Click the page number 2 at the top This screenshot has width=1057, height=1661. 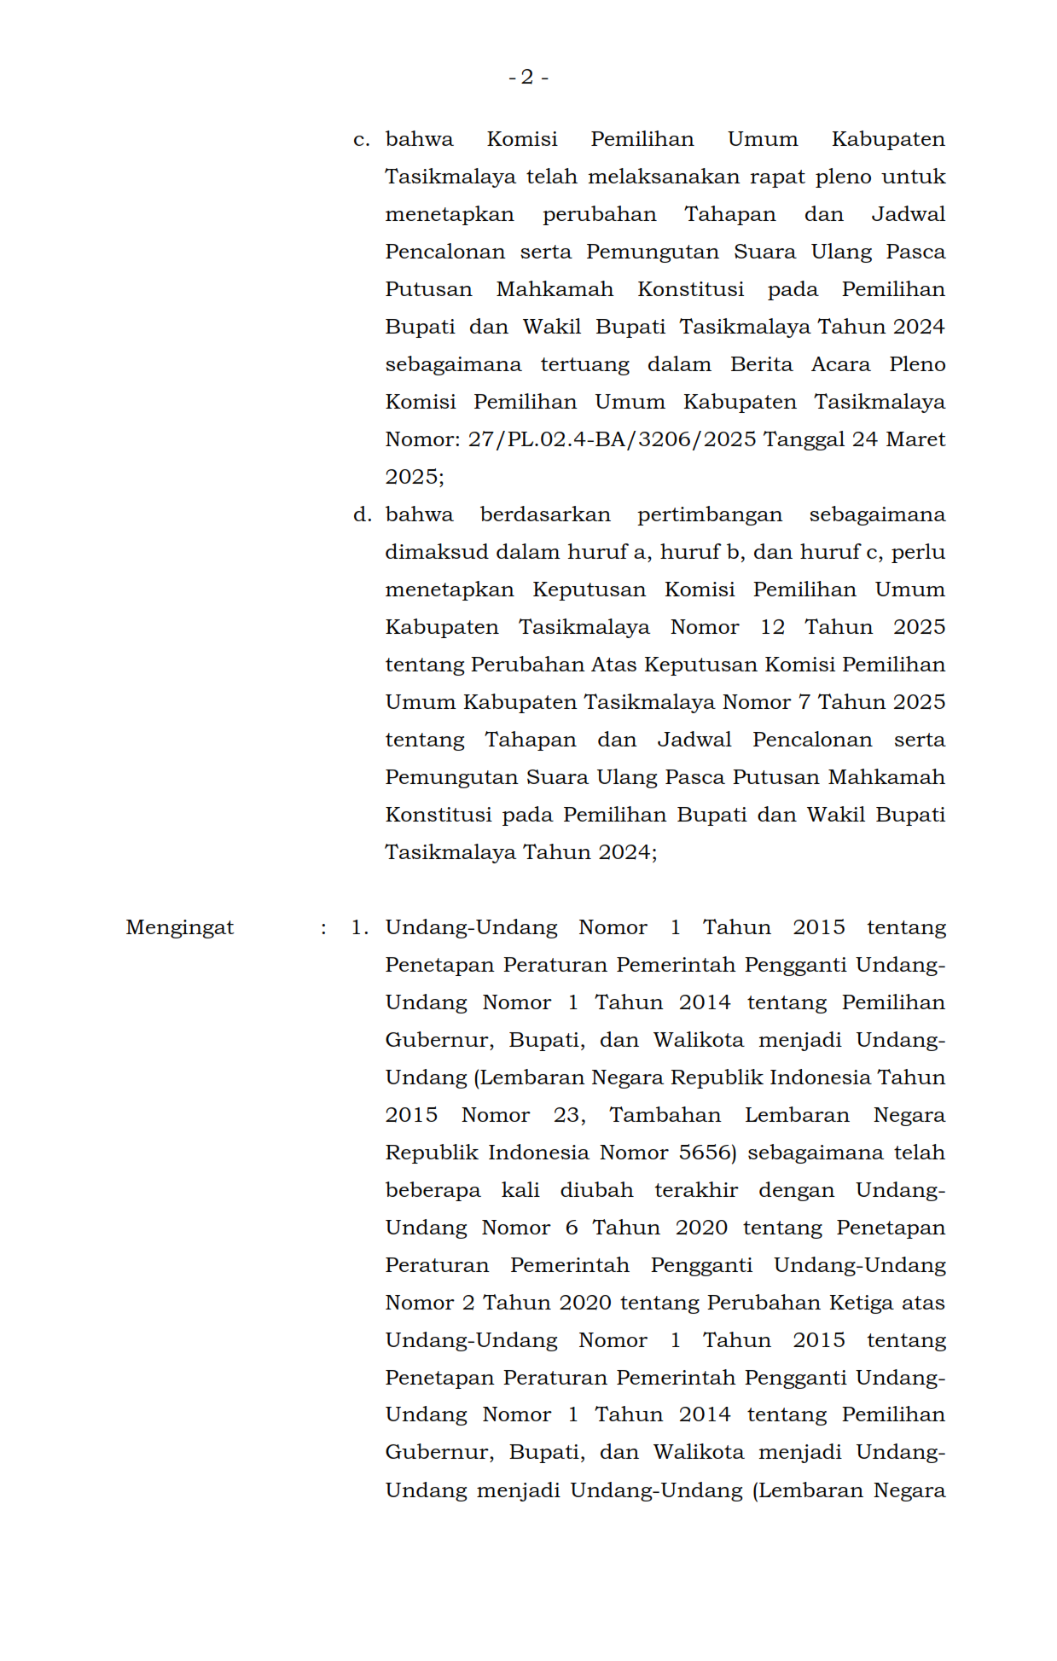coord(527,78)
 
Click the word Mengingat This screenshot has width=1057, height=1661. coord(179,928)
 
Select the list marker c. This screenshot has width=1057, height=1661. coord(361,140)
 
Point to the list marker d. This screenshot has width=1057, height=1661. coord(362,515)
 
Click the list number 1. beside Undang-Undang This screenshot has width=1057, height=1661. coord(359,928)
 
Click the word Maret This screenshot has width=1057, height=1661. coord(915,440)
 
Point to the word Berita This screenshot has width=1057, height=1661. coord(761,365)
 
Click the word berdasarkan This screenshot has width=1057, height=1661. coord(545,515)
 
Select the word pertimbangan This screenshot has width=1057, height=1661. coord(709,515)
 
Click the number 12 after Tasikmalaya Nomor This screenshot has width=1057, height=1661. coord(772,628)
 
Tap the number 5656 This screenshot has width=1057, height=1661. coord(706,1153)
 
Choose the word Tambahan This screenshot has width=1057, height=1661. coord(665,1116)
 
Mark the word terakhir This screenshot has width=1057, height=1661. coord(695,1191)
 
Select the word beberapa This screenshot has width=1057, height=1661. coord(433,1191)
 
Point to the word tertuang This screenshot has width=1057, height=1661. coord(584,365)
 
